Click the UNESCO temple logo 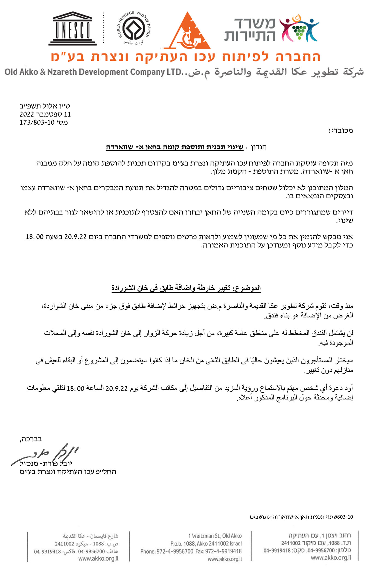(72, 28)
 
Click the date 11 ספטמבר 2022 (45, 114)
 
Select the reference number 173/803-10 (37, 122)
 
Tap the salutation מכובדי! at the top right (341, 131)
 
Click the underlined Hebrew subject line (174, 147)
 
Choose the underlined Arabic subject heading (186, 288)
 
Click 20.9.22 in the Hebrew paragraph (75, 237)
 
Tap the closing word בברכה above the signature (31, 439)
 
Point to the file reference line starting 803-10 (301, 517)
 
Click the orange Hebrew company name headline (185, 57)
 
